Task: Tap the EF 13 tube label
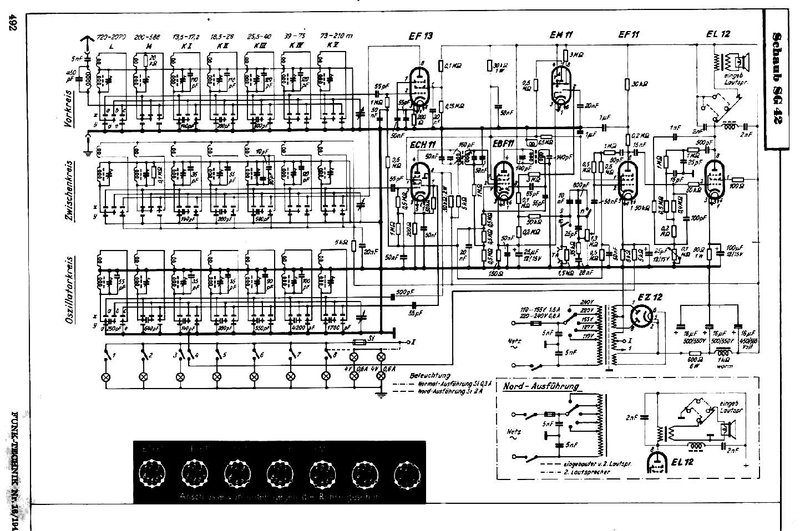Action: click(x=421, y=36)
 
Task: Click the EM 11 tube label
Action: click(x=561, y=34)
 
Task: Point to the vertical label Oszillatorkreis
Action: click(x=70, y=290)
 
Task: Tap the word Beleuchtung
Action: click(x=430, y=375)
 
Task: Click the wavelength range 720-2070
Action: click(x=112, y=36)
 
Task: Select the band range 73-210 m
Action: click(x=338, y=35)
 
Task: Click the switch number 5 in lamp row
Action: click(x=224, y=354)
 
